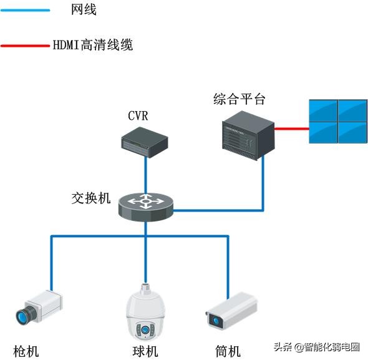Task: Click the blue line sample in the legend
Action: pos(26,10)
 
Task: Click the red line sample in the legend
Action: pos(26,46)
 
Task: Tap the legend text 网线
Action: pos(84,10)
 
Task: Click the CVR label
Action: pos(138,115)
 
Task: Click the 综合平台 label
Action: pos(240,99)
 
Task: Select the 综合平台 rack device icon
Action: pos(248,132)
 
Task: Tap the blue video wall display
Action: pos(336,122)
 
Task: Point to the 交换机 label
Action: pos(91,198)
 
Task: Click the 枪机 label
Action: pos(26,351)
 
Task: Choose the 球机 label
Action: pos(145,351)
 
